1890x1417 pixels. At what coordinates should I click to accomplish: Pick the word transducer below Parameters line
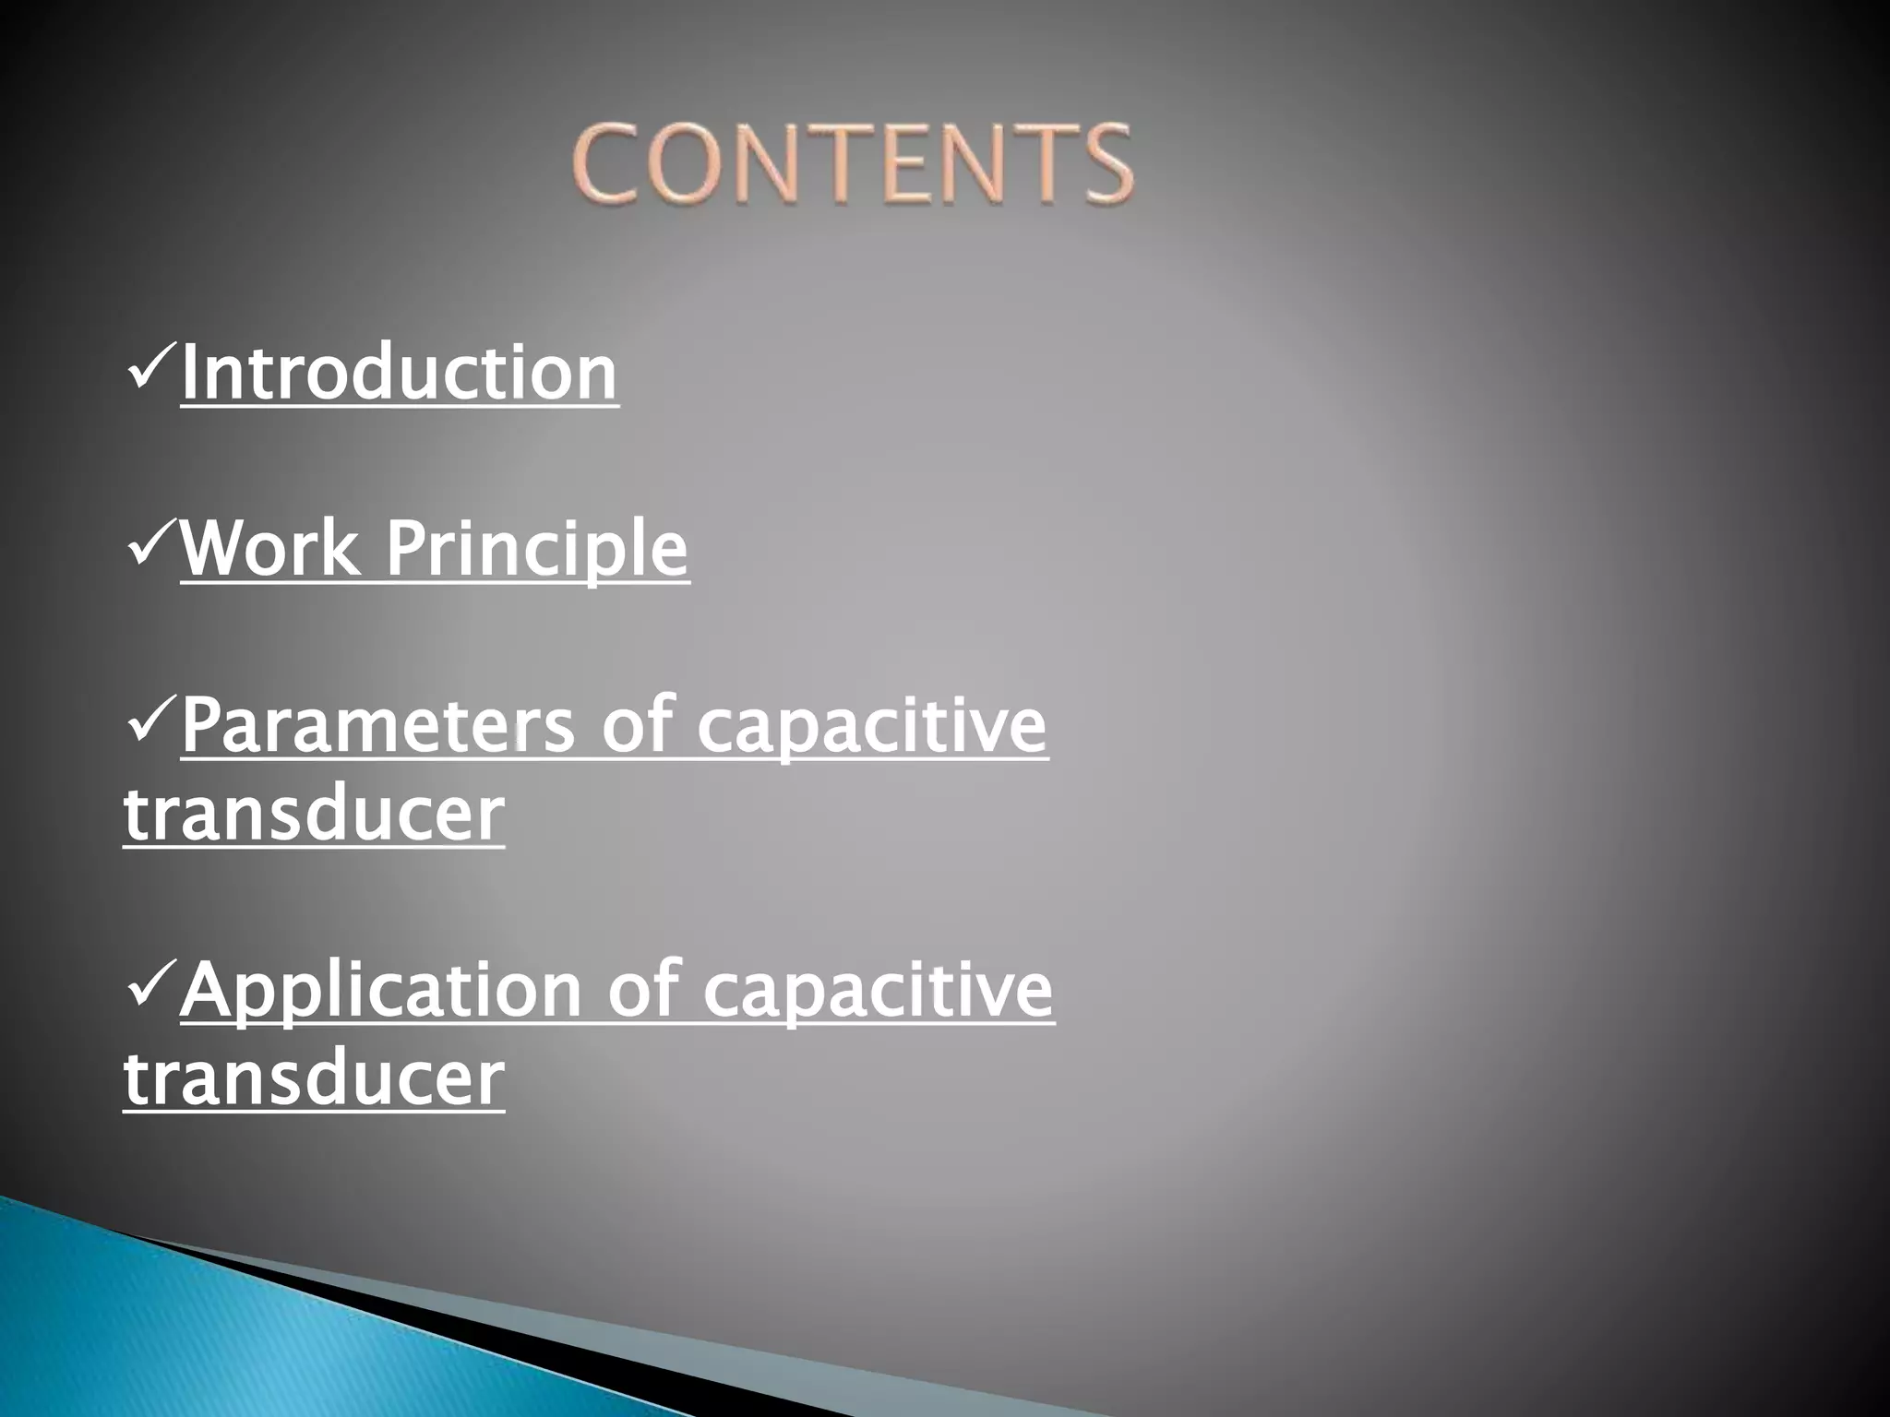click(x=314, y=814)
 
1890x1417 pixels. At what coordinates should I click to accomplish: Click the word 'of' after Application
click(x=642, y=989)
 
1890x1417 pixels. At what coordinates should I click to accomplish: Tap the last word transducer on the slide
click(x=314, y=1078)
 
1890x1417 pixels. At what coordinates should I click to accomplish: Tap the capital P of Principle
click(x=405, y=548)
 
